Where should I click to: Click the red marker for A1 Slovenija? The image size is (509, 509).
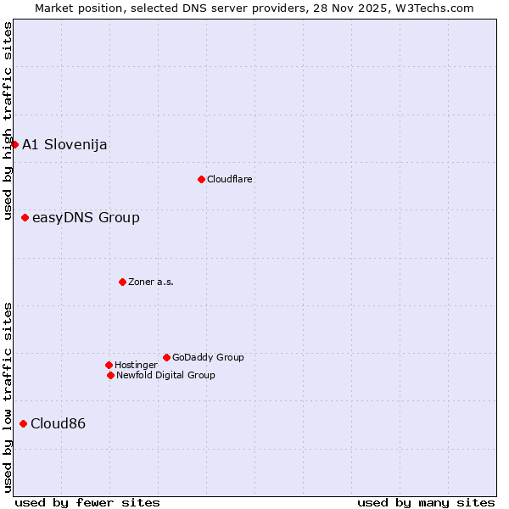pos(14,144)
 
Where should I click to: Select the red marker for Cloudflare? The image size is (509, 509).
pos(201,179)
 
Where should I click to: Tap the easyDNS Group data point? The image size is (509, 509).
pos(25,218)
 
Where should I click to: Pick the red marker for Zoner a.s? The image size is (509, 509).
pos(122,282)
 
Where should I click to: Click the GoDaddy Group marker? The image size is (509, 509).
pos(166,357)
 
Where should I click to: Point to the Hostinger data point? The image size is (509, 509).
pos(109,365)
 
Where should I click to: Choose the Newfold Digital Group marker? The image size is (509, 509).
pos(110,375)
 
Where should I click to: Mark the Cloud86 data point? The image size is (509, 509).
pos(23,423)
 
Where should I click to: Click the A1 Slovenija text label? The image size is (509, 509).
pos(64,144)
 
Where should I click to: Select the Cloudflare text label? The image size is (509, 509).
pos(230,179)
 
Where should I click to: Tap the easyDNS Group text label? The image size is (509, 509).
pos(86,218)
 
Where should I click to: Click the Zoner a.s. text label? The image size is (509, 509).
pos(151,282)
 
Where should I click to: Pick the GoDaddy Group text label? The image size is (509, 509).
pos(208,357)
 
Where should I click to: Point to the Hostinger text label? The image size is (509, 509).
pos(136,365)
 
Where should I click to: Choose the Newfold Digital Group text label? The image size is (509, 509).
pos(165,375)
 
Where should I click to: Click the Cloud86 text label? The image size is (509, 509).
pos(58,423)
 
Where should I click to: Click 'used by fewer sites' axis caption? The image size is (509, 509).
pos(87,502)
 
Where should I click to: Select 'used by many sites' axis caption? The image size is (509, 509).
pos(426,502)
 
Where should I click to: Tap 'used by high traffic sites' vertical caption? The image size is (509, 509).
pos(8,121)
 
